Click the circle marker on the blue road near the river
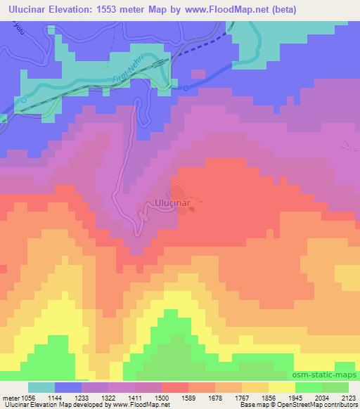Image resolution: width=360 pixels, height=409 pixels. (x=186, y=88)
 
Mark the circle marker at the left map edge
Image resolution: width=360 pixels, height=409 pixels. (x=23, y=100)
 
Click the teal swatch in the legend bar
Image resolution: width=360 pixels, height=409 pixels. (x=41, y=387)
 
